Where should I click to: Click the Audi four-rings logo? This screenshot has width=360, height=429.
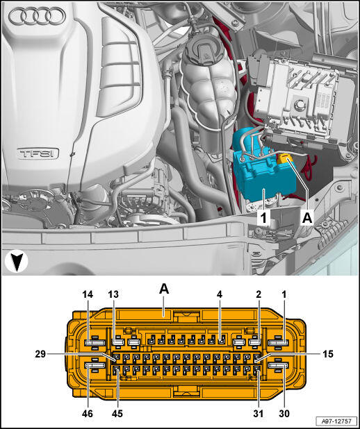coord(38,16)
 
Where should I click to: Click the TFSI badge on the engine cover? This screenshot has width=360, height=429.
coord(38,153)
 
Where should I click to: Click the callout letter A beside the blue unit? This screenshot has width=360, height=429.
coord(307,218)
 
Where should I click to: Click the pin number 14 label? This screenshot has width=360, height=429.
coord(88,294)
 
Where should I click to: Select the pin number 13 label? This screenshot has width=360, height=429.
coord(113,294)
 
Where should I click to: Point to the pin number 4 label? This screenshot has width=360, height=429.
coord(220,294)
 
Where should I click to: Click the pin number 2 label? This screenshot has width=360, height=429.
coord(259,294)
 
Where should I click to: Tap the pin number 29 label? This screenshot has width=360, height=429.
coord(40,354)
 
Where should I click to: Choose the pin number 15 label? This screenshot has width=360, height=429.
coord(328,354)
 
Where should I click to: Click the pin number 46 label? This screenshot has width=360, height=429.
coord(88,413)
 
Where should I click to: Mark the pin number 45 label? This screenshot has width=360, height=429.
coord(117,413)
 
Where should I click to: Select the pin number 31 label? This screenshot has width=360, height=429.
coord(258,413)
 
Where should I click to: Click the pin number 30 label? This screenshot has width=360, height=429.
coord(284,413)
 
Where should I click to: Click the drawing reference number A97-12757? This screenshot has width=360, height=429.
coord(337,421)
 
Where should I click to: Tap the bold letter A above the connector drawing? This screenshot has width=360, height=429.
coord(164,289)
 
